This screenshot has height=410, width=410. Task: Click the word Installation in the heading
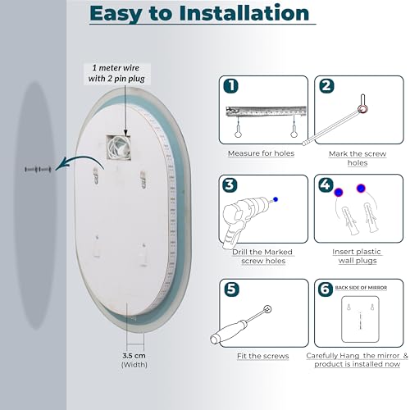click(244, 13)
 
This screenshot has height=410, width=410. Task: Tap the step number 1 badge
click(230, 86)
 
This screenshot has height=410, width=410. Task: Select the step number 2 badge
click(326, 86)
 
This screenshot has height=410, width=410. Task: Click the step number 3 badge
click(230, 184)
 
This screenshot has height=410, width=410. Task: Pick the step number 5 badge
click(231, 289)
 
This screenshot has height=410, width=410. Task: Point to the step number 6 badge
click(326, 289)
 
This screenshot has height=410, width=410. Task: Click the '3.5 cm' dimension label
click(134, 356)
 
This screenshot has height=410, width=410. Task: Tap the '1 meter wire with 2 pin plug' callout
click(116, 73)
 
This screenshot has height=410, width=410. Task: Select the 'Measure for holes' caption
click(261, 153)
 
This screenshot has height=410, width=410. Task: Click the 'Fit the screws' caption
click(262, 356)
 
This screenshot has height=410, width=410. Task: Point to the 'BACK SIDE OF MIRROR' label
click(361, 288)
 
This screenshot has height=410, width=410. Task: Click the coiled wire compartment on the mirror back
click(119, 148)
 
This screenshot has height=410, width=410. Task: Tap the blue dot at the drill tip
click(276, 199)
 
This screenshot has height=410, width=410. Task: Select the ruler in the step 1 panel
click(266, 111)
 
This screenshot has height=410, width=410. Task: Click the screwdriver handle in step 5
click(228, 332)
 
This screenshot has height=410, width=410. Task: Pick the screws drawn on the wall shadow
click(38, 170)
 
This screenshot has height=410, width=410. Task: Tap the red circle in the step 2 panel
click(362, 109)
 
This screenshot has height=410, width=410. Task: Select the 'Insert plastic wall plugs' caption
click(357, 256)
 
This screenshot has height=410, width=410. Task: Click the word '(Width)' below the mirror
click(134, 365)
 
